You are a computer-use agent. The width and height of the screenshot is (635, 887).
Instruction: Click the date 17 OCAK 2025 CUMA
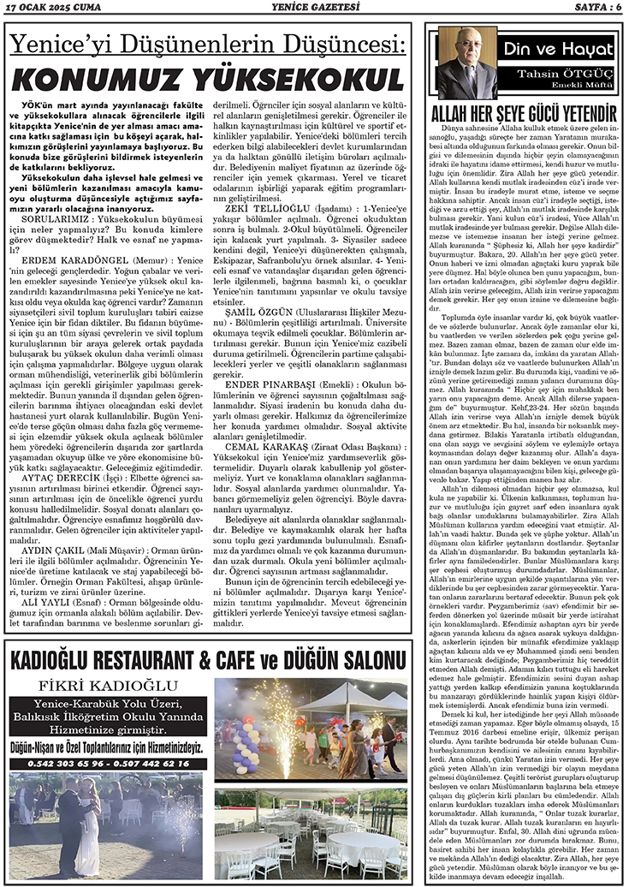51,9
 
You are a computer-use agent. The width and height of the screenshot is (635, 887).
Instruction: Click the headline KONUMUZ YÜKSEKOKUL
209,80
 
